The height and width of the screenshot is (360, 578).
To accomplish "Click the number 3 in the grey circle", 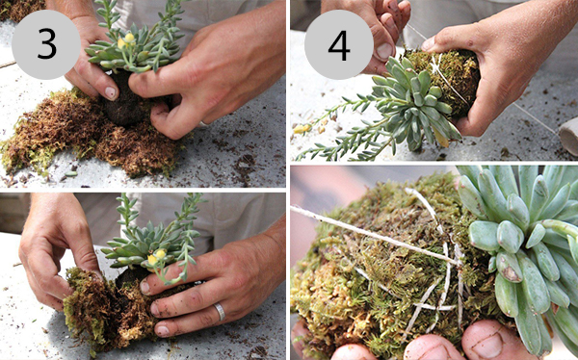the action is [x=47, y=44].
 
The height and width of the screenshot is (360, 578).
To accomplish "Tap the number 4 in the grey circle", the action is [x=339, y=45].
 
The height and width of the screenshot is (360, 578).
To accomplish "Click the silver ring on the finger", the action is [x=220, y=311].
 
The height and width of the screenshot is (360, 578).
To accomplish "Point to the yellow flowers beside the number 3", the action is [x=125, y=40].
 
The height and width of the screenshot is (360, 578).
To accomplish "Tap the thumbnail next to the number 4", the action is [x=384, y=51].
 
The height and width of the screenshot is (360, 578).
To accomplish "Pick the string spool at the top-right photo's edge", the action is [x=568, y=136].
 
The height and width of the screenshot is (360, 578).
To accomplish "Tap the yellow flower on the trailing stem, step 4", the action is [x=302, y=129].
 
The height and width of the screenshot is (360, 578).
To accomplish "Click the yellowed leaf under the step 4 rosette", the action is [x=441, y=137].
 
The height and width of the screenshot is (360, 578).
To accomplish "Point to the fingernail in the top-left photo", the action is [x=111, y=92].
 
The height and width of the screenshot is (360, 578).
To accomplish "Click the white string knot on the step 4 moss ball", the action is [x=436, y=65].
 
